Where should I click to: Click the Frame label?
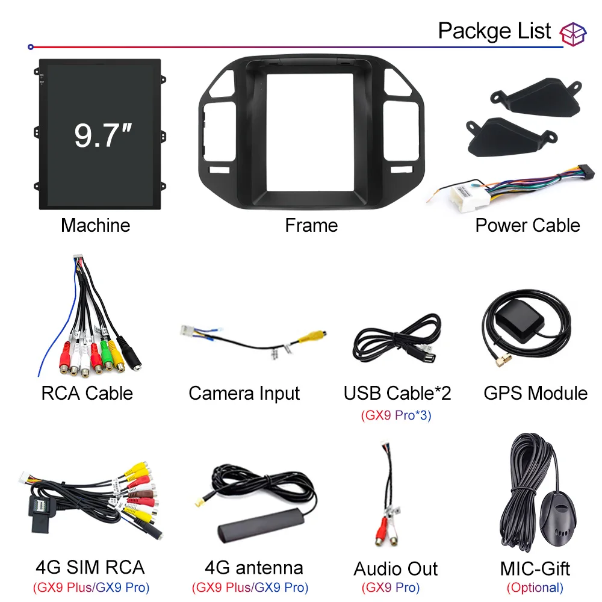click(x=311, y=226)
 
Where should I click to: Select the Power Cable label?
click(x=527, y=226)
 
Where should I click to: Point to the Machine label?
click(x=95, y=226)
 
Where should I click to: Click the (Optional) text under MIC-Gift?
click(x=535, y=588)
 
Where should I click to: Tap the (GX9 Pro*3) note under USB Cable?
click(x=396, y=415)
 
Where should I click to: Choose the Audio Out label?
click(x=396, y=569)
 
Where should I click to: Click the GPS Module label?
click(x=535, y=394)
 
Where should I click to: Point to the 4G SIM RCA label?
click(x=90, y=567)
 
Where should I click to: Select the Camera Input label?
click(x=244, y=394)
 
